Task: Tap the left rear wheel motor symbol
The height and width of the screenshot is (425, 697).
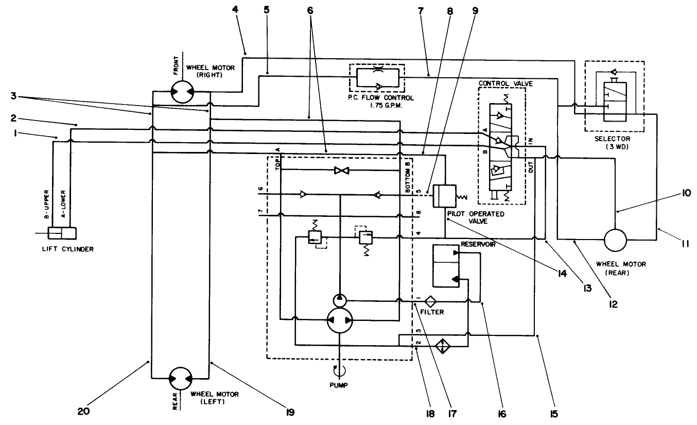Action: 181,379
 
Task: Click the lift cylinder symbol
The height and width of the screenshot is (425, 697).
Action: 61,234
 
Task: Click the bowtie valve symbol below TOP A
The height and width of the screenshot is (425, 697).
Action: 339,170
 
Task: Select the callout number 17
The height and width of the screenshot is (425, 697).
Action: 454,413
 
